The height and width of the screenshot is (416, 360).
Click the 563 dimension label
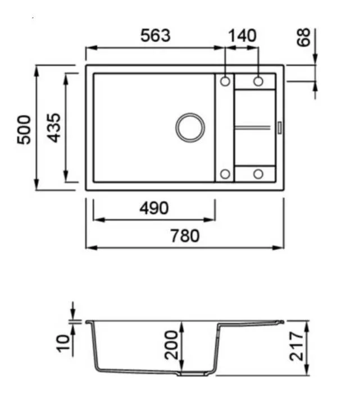(156, 35)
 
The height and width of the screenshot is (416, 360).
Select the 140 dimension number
(243, 35)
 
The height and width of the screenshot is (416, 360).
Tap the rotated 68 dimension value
(303, 38)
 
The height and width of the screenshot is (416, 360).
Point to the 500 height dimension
(24, 130)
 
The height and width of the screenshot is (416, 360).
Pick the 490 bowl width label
(154, 208)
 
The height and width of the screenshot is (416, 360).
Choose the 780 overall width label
(185, 236)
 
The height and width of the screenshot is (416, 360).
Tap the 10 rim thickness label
(63, 344)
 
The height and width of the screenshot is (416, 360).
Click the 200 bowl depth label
(171, 345)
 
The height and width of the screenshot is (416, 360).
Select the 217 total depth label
(297, 346)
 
